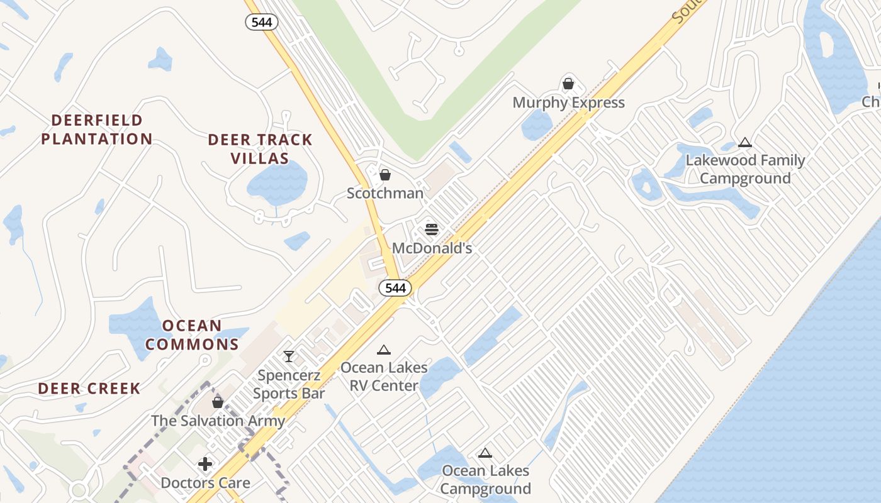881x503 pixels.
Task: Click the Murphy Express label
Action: point(568,102)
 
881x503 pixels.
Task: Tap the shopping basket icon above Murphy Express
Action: point(568,84)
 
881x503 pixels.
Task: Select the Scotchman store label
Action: point(385,193)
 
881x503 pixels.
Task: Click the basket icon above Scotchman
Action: point(385,174)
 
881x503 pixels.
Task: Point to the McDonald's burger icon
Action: point(431,229)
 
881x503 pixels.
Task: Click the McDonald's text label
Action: point(432,248)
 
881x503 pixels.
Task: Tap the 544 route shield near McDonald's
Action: point(395,288)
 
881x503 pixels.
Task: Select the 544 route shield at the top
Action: point(261,22)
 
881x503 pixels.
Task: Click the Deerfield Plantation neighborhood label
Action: point(97,130)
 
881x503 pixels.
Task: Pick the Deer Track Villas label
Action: point(260,149)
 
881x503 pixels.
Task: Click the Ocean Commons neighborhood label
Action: point(193,335)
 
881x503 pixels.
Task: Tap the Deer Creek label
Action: point(89,389)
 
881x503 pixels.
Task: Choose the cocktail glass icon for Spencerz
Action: point(289,357)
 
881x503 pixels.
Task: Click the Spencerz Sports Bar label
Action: point(289,385)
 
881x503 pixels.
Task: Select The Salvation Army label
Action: point(218,421)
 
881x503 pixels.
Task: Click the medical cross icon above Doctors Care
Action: point(205,465)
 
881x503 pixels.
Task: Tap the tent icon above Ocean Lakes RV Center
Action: point(384,350)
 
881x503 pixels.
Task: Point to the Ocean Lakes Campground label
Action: point(485,480)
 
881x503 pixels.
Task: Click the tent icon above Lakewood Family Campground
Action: point(745,143)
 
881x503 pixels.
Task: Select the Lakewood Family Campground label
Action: point(745,169)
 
